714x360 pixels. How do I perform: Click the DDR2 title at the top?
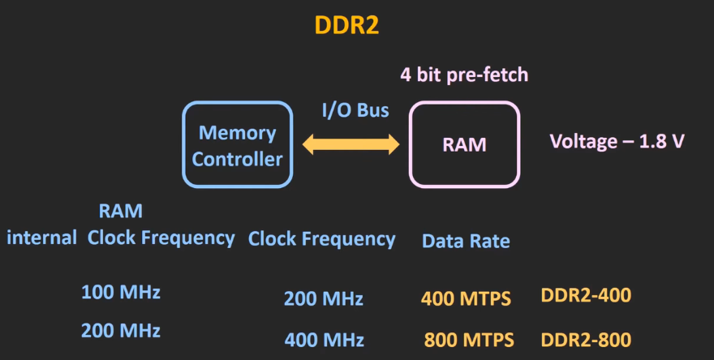click(347, 26)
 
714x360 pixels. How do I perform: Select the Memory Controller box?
click(237, 144)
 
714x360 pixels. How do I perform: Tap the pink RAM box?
click(464, 144)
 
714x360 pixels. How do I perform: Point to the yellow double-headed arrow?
click(351, 145)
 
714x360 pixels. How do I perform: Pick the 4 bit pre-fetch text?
click(464, 75)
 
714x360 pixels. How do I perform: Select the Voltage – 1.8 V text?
click(617, 141)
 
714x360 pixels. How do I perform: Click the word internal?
click(41, 238)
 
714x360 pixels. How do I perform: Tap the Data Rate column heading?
click(466, 241)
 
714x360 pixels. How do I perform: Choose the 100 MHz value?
click(121, 293)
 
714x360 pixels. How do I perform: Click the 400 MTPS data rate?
click(466, 298)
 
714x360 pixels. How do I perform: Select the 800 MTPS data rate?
click(469, 340)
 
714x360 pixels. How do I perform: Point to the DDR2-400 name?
click(586, 295)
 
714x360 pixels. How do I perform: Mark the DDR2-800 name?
click(586, 339)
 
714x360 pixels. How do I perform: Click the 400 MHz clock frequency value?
click(324, 340)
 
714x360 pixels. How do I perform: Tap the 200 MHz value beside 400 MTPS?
click(324, 298)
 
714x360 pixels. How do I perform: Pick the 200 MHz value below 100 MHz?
click(121, 330)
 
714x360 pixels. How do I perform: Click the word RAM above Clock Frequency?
click(121, 212)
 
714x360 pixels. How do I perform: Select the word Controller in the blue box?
click(237, 158)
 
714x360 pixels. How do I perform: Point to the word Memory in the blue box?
click(238, 132)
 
